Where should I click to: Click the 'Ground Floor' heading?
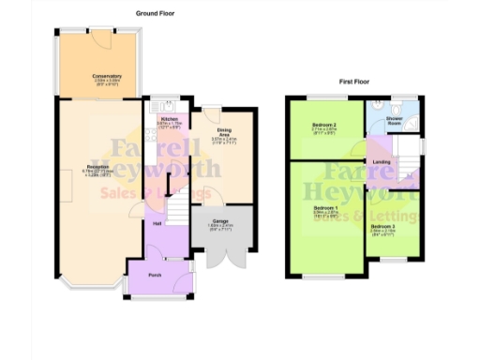pos(155,14)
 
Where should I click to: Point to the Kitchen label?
pos(169,120)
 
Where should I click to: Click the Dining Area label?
pos(224,131)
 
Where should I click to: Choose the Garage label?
pos(219,222)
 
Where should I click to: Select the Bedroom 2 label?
pos(323,125)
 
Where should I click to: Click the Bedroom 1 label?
pos(324,207)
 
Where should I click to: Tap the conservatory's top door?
pos(95,34)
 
